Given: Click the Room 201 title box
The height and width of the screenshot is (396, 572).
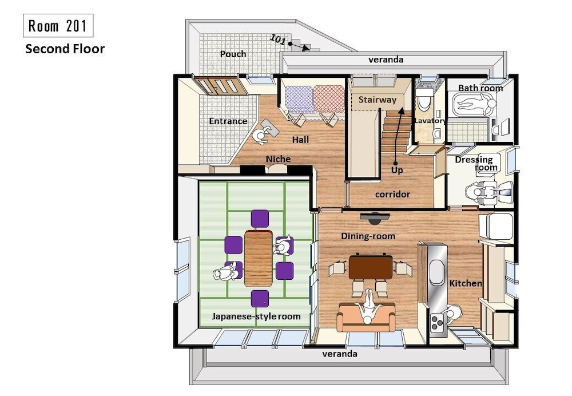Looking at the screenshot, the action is pos(58,26).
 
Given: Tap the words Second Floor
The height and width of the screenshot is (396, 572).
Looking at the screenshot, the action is pos(65,49).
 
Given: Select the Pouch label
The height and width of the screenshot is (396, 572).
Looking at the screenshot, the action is pos(233,54).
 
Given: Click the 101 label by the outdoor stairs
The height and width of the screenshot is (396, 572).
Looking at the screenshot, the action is pos(278,39).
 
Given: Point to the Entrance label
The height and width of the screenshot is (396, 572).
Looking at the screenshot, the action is pos(228,121).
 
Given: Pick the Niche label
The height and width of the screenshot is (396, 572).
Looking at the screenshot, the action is pos(279,159).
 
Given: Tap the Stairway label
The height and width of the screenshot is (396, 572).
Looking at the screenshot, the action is pos(377,100).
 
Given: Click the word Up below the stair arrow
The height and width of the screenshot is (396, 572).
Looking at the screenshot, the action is pos(397,170).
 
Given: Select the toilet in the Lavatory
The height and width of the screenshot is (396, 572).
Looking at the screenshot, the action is pos(424,98).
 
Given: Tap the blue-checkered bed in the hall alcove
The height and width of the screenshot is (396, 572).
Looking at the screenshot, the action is pos(299,99).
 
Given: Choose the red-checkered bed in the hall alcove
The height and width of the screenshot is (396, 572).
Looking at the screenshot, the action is pos(329,99).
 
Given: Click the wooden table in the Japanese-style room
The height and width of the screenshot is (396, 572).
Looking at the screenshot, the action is pos(259,259).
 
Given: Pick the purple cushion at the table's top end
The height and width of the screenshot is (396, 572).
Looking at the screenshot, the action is pos(260,219).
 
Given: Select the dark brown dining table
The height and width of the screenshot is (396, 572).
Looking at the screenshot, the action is pos(371,267).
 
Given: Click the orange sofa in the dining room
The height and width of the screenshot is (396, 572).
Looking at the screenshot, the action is pos(366,317).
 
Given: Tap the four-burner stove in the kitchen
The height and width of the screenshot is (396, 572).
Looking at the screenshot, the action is pos(436,322).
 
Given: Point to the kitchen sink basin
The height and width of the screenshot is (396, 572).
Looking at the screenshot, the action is pos(437,272).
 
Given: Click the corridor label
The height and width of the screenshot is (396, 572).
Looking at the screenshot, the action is pos(392,194).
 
